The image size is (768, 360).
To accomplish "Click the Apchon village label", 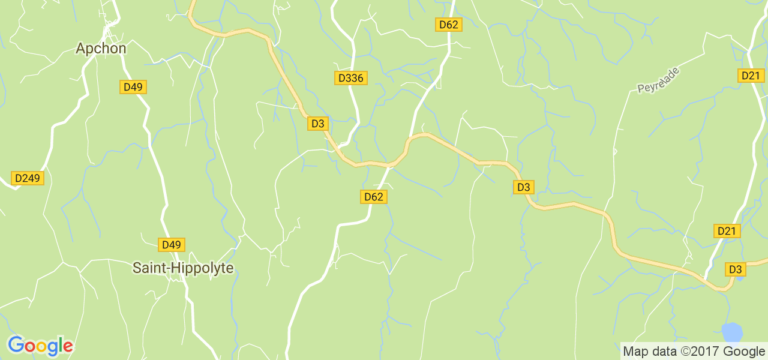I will pos(101,49).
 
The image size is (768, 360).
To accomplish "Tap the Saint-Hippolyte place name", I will pos(182,268).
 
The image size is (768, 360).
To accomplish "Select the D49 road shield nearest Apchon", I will pos(133,87).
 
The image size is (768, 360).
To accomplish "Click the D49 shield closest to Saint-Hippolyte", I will pos(171,245).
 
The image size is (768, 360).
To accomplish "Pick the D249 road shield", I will pos(27,178).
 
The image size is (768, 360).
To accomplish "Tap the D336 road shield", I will pos(350,78).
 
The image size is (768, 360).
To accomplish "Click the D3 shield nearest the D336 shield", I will pos(317,124).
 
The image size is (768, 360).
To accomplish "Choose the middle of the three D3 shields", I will pos(523,187).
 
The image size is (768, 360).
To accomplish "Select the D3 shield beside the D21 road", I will pos(735,269).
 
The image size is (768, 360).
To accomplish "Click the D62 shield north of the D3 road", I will pos(448,25).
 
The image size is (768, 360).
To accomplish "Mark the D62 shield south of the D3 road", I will pos(373,197).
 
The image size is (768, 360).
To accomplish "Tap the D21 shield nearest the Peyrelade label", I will pos(751,76).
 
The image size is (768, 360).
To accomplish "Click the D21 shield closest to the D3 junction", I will pos(728,231).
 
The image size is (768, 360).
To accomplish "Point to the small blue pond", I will pos(731,332).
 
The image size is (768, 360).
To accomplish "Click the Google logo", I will pos(40,346).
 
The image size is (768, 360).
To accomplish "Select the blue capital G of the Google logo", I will pos(16,345).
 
